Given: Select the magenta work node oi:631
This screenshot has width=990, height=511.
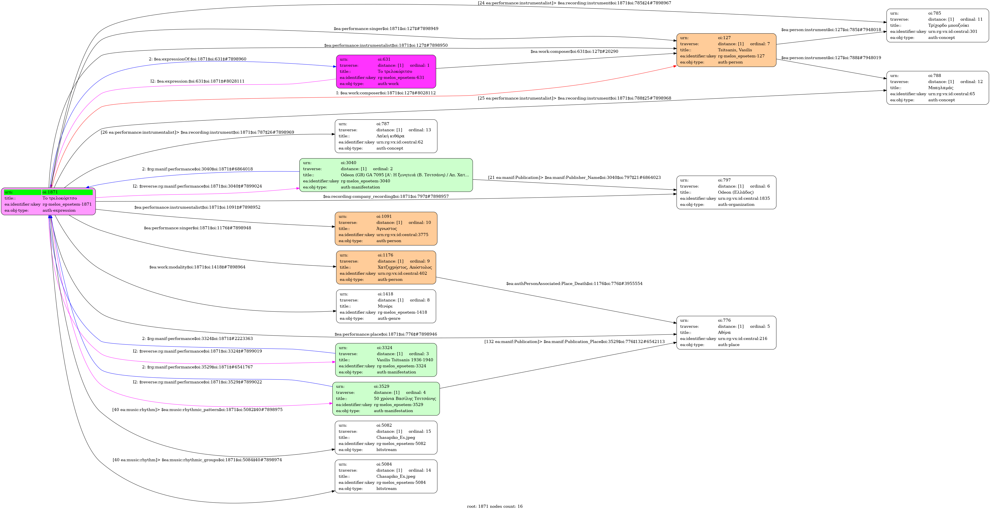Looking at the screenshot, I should (x=386, y=72).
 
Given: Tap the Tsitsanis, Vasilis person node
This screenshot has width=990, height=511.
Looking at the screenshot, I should (x=726, y=50).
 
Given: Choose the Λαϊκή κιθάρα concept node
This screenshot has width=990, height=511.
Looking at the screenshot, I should (x=386, y=136).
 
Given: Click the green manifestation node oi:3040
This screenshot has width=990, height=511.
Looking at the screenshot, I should (x=386, y=175).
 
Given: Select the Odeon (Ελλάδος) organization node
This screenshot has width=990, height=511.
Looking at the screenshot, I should (x=726, y=192).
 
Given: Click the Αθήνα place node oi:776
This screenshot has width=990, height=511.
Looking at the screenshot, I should (x=726, y=333).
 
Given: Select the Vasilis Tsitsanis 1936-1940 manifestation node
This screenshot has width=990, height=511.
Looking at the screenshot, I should (x=386, y=360).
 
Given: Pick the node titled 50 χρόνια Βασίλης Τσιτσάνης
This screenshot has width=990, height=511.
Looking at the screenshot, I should (x=386, y=399).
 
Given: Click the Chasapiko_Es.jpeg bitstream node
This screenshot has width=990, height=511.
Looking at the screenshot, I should (x=386, y=438).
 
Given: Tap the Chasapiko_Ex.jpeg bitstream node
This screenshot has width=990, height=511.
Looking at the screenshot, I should (x=386, y=476).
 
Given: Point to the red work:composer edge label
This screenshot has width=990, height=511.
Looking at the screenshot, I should (x=386, y=93).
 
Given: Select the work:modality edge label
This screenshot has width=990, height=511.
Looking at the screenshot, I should (x=197, y=267).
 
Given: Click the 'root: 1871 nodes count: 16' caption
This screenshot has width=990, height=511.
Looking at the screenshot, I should (x=495, y=506).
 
